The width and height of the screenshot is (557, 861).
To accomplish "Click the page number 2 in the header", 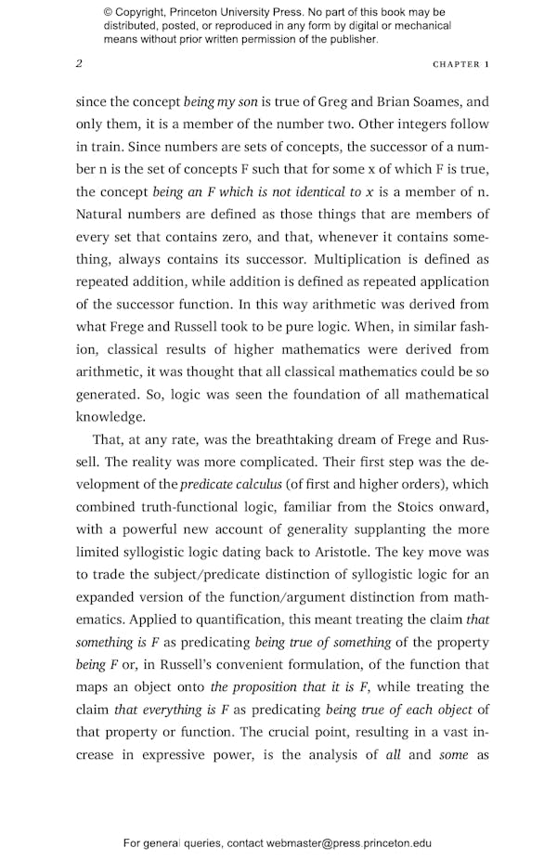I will pos(79,64).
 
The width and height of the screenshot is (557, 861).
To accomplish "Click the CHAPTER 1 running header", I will pos(460,64).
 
